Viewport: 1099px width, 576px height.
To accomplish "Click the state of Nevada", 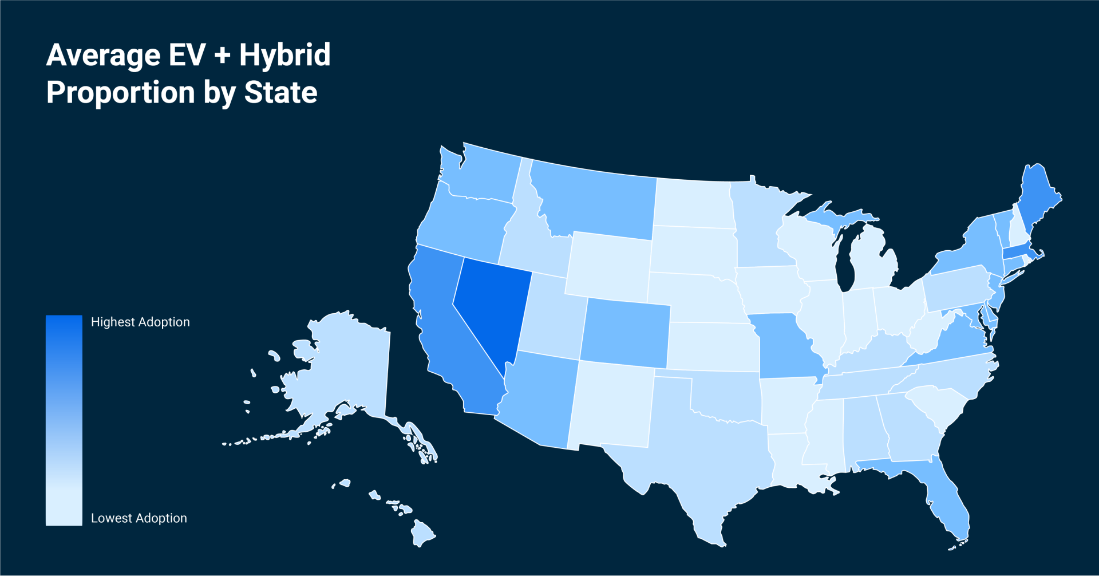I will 489,309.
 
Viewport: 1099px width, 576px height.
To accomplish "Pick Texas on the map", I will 704,458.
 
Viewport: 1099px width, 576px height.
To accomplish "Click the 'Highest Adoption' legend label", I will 140,322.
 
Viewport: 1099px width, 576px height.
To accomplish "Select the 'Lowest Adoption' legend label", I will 139,518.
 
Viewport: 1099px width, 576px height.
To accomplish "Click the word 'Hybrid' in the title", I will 284,56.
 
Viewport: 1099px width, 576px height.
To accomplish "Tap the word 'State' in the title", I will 280,93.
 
